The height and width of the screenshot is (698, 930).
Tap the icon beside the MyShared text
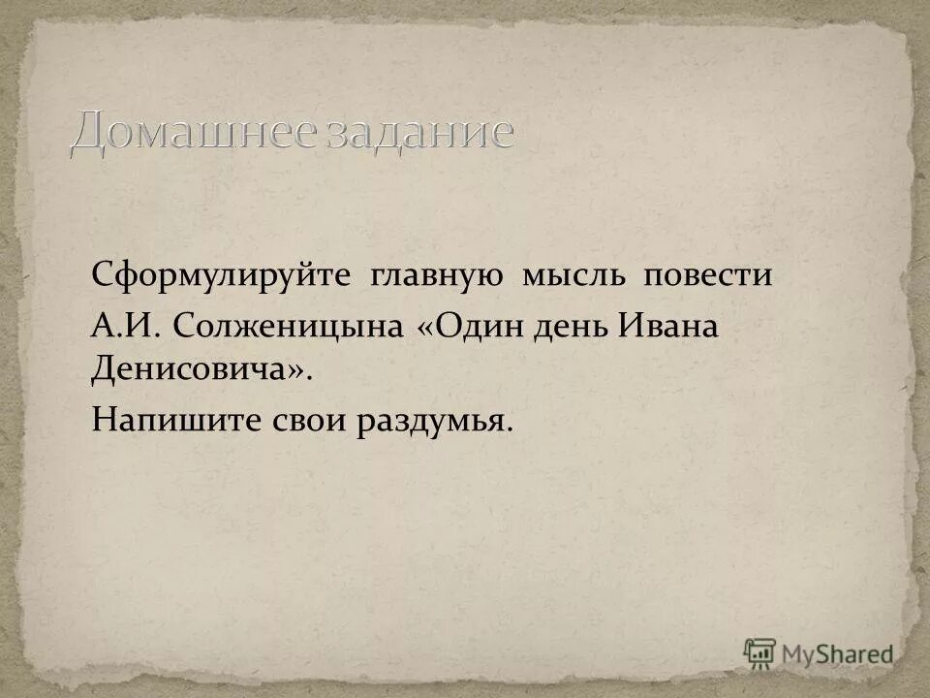(x=760, y=652)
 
